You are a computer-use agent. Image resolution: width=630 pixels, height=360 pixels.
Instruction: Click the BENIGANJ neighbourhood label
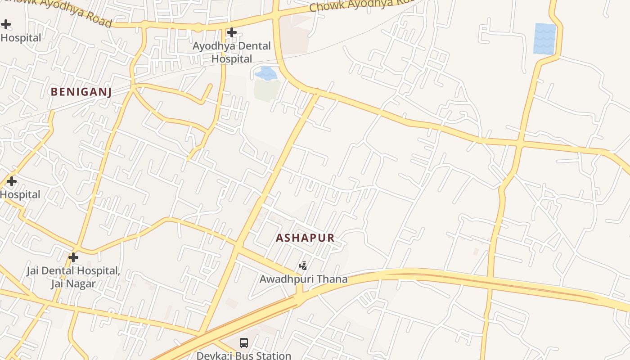tap(81, 92)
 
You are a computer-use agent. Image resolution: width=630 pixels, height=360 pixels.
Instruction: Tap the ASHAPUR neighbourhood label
tap(305, 238)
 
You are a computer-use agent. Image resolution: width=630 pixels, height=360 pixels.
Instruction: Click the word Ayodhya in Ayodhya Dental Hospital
tap(212, 46)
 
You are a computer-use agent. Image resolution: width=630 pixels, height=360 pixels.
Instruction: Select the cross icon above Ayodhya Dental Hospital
tap(232, 32)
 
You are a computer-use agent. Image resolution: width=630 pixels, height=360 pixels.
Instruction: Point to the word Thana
tap(332, 279)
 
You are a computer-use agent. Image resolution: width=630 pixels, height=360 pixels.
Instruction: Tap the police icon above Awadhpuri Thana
tap(303, 266)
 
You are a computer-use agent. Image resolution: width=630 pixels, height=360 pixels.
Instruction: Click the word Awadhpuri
tap(287, 279)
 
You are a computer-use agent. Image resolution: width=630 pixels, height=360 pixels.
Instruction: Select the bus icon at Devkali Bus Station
tap(243, 343)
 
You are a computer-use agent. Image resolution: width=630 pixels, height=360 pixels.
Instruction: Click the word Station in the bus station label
tap(273, 355)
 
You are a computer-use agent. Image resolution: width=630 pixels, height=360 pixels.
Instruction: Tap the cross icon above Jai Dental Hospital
tap(73, 257)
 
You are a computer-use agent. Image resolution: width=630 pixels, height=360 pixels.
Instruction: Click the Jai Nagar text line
tap(73, 284)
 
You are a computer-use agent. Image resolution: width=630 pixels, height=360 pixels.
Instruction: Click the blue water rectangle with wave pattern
tap(544, 39)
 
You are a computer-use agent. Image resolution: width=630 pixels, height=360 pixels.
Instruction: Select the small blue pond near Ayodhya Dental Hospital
tap(266, 73)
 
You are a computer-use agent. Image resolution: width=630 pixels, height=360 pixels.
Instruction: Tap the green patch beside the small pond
tap(267, 90)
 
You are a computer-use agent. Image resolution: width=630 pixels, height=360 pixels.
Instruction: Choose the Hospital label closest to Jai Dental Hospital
tap(20, 195)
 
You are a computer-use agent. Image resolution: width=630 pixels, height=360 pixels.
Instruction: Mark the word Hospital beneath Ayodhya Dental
tap(232, 59)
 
